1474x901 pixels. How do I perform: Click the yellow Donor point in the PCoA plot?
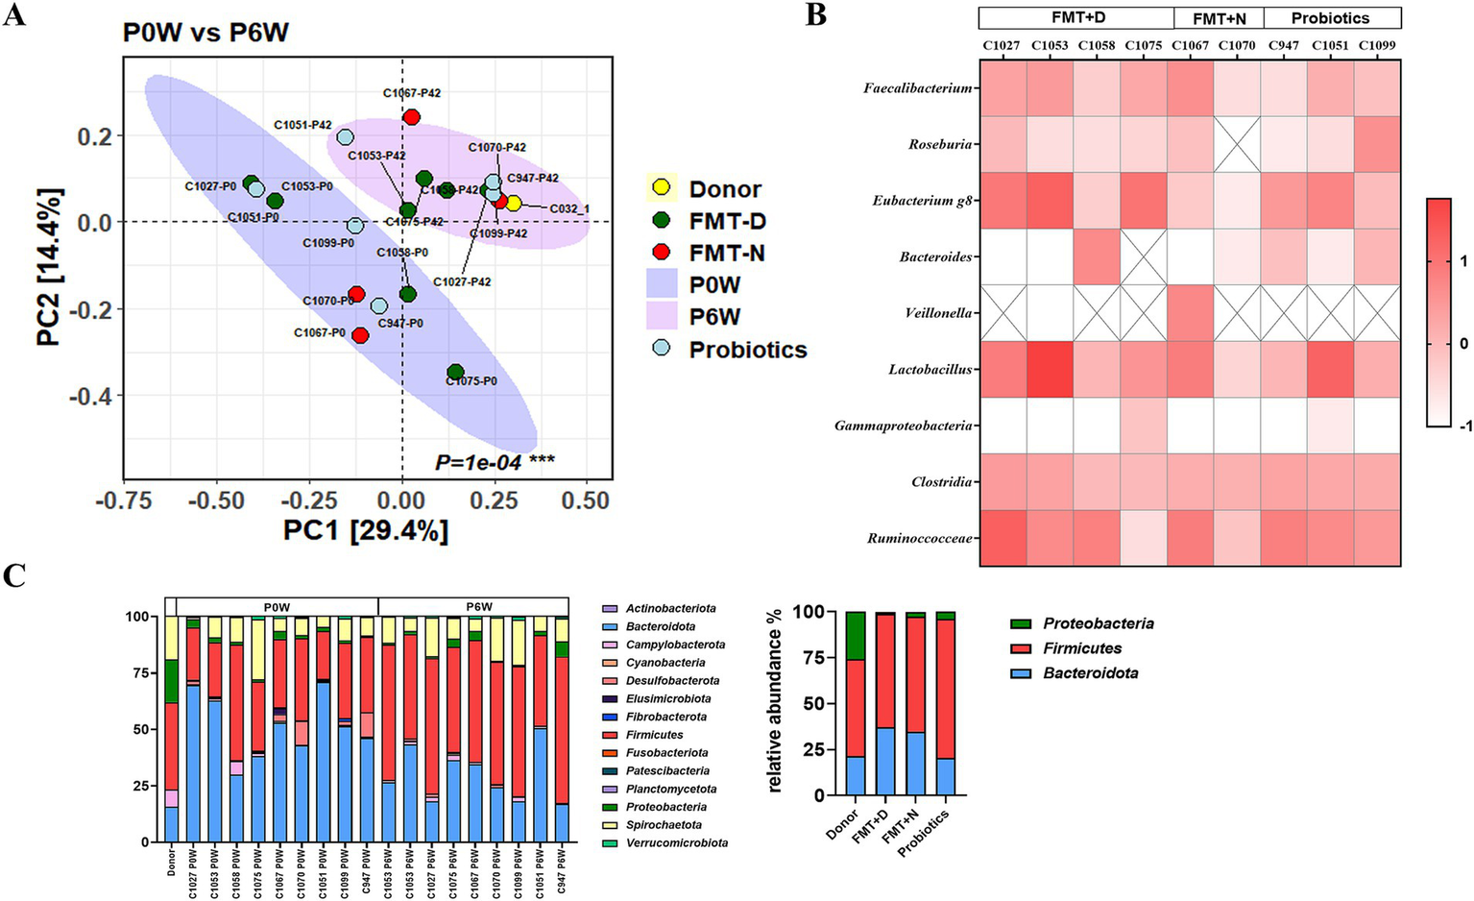click(514, 203)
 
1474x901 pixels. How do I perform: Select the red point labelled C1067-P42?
click(411, 117)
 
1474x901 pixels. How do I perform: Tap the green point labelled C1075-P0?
click(456, 372)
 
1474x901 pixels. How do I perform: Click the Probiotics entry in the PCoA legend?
click(747, 350)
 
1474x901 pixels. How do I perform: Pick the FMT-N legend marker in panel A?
click(661, 253)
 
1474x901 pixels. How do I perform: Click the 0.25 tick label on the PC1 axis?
click(492, 501)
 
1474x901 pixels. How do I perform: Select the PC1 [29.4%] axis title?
click(366, 530)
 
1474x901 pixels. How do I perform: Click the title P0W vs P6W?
click(205, 34)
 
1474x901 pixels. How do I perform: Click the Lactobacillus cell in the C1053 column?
click(1050, 369)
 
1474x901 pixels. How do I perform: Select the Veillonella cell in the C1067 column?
click(1191, 313)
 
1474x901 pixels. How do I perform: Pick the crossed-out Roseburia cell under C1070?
click(1237, 144)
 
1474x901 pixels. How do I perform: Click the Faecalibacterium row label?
click(918, 88)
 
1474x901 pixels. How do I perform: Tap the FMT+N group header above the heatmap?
click(1220, 18)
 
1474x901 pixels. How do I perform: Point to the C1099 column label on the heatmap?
click(1377, 45)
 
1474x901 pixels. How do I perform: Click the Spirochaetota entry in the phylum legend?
click(664, 825)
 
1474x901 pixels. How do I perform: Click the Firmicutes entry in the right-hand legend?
click(1082, 648)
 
